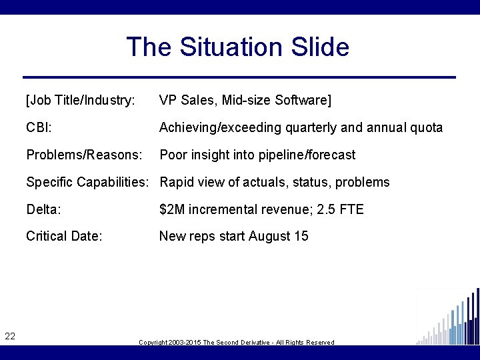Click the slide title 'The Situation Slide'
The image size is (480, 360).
coord(237,47)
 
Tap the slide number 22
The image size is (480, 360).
coord(10,336)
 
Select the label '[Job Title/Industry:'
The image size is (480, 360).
coord(81,101)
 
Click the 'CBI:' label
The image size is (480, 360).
coord(39,128)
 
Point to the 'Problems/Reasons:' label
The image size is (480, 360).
coord(84,155)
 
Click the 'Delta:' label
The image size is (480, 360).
coord(44,209)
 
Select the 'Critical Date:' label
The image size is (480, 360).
coord(64,236)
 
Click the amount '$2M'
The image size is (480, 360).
coord(172,209)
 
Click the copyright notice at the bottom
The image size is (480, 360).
coord(236,342)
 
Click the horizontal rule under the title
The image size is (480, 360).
coord(239,77)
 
